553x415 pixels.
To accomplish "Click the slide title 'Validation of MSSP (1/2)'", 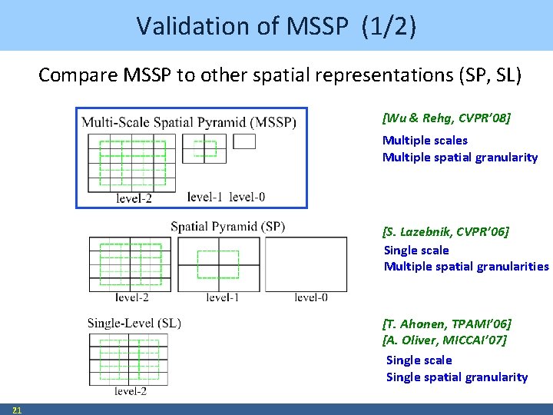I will click(x=276, y=25).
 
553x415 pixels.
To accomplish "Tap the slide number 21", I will click(x=17, y=410).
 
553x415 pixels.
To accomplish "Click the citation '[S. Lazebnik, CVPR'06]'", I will click(x=445, y=231).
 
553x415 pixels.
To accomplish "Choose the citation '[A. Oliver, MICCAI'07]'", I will click(x=444, y=340).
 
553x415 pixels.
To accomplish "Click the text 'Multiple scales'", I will click(x=425, y=140).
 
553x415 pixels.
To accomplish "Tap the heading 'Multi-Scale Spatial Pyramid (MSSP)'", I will click(x=189, y=122).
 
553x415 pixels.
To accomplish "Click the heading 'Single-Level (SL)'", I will click(x=134, y=323).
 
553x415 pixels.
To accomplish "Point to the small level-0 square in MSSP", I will click(x=244, y=141).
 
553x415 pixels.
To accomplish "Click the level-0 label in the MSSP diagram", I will click(x=247, y=197).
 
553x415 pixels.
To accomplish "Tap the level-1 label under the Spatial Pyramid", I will click(x=223, y=297).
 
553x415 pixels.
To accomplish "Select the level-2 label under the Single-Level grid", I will click(x=131, y=391).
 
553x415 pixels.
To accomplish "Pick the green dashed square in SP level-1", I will click(x=218, y=264).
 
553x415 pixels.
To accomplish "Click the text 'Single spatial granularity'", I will click(x=457, y=377).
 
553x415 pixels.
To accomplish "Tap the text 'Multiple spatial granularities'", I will click(x=466, y=266).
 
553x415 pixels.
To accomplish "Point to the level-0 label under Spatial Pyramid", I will click(x=311, y=297).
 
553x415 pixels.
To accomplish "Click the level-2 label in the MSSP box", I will click(x=134, y=198).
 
